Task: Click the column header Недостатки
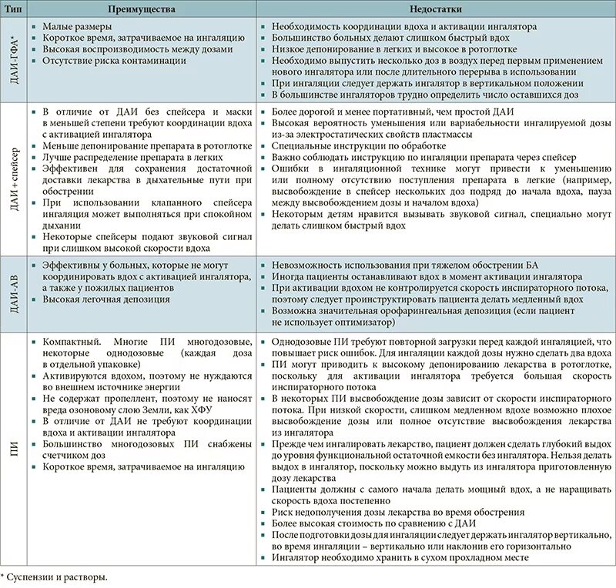tap(435, 9)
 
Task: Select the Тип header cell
tap(14, 9)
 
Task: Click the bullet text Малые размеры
tap(77, 26)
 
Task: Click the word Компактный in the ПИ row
tap(69, 340)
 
